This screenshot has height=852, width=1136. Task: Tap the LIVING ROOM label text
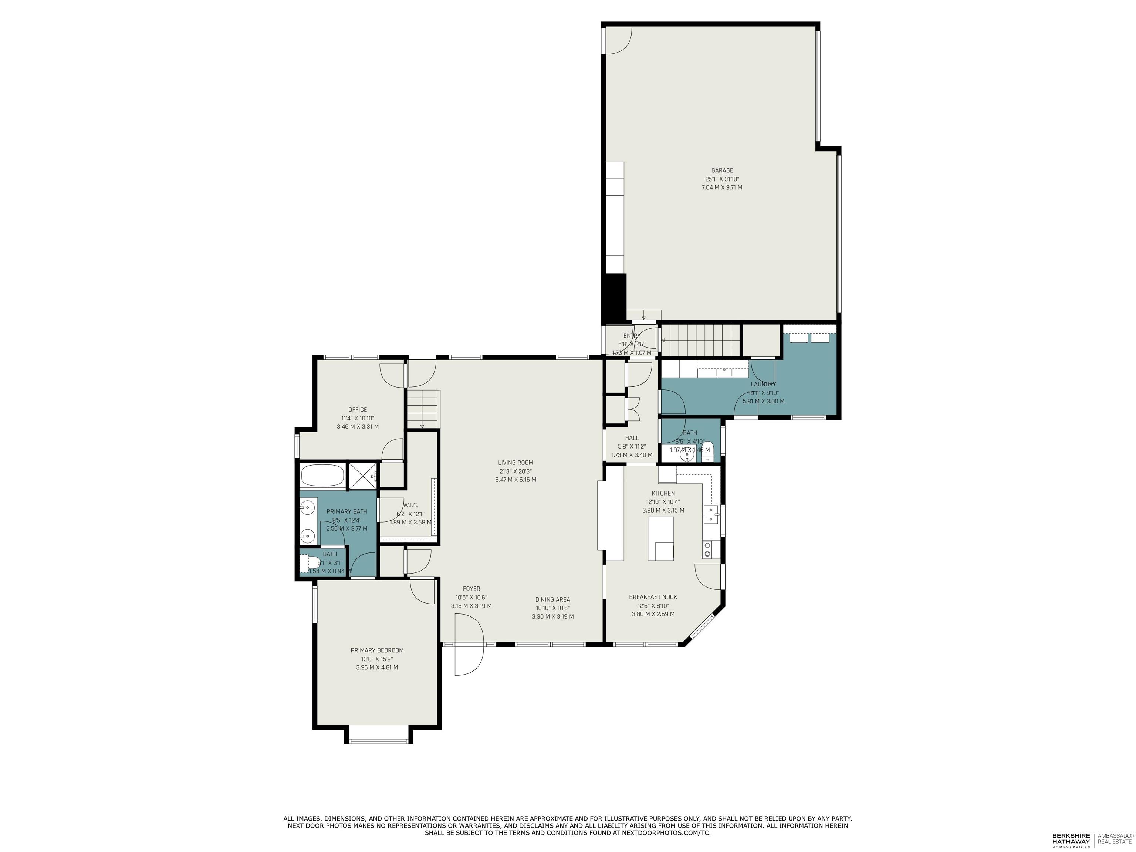[515, 463]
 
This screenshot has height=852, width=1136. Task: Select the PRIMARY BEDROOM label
[377, 650]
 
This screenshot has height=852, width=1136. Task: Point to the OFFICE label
[358, 409]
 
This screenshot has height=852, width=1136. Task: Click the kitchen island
[660, 538]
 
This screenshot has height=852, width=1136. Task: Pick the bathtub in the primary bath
[322, 475]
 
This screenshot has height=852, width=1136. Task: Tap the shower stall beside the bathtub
[362, 475]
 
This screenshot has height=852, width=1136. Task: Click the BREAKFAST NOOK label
[653, 597]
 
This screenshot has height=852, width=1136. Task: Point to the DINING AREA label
[552, 599]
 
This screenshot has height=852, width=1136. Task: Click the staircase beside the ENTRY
[700, 339]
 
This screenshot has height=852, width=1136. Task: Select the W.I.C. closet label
[411, 506]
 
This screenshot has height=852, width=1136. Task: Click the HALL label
[632, 438]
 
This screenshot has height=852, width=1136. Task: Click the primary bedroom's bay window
[379, 740]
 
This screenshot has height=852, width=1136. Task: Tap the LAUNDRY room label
[763, 384]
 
